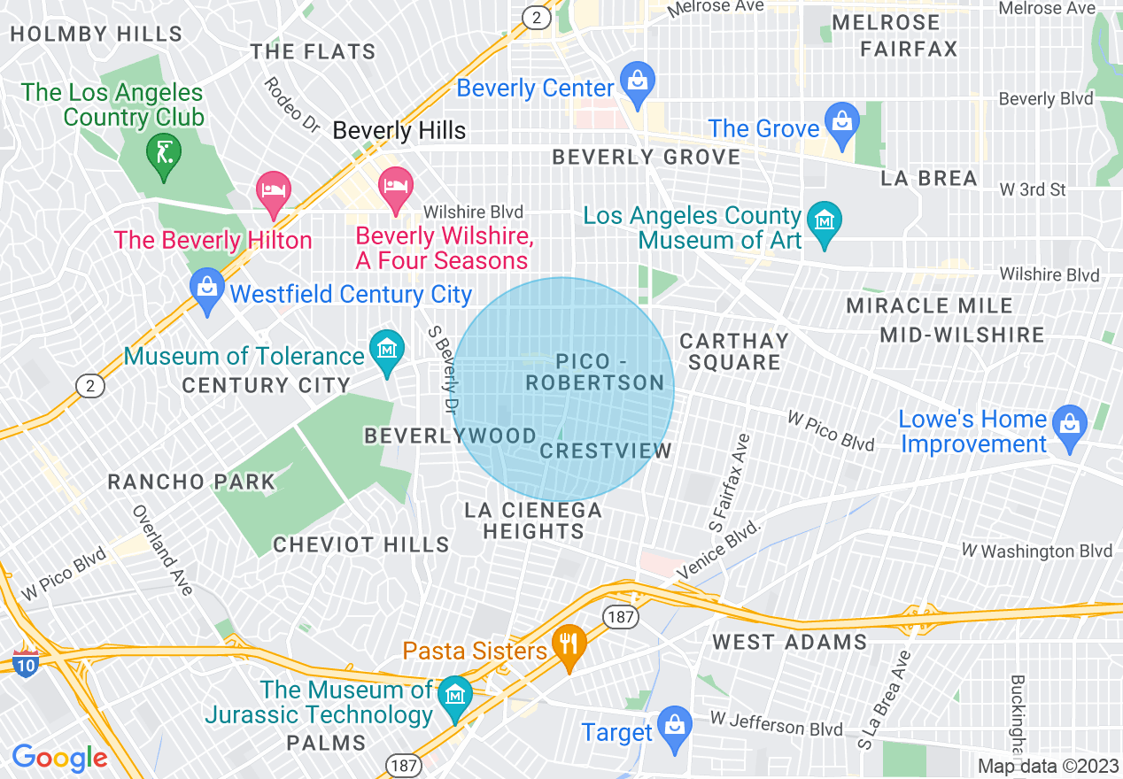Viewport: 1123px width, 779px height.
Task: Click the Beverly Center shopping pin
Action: coord(636,80)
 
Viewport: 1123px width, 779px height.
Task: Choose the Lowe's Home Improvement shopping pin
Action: coord(1070,424)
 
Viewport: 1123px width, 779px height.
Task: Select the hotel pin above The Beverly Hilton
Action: coord(274,191)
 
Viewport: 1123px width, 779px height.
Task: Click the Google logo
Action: coord(60,758)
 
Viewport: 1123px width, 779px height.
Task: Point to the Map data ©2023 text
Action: coord(1048,766)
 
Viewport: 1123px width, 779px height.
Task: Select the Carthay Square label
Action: coord(733,351)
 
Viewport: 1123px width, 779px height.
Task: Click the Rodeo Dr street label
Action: coord(291,104)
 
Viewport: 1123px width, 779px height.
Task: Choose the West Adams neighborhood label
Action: coord(789,642)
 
